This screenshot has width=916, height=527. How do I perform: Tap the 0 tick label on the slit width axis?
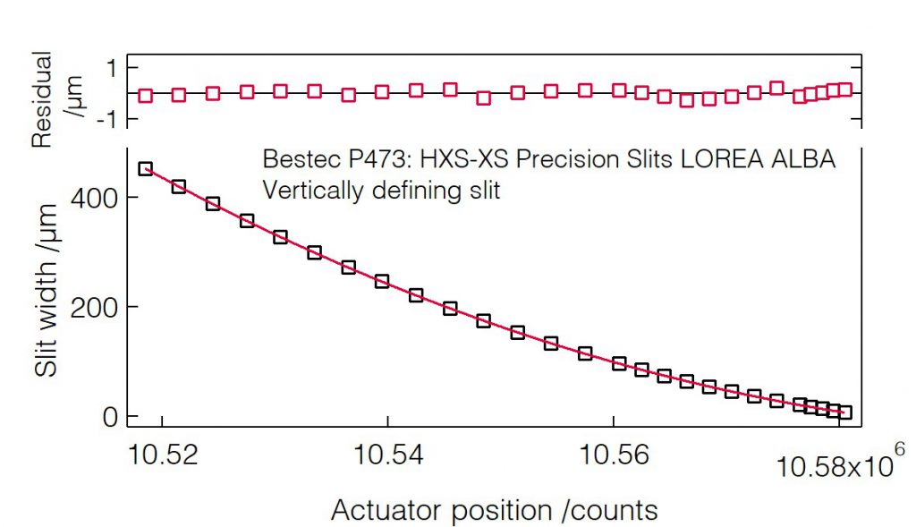point(111,416)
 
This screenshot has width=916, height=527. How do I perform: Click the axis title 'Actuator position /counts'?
point(495,510)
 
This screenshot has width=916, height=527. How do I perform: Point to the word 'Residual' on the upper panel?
point(42,99)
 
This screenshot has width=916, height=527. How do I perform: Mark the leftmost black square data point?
point(146,168)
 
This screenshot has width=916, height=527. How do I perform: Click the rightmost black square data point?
point(844,412)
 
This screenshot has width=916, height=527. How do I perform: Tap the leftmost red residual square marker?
point(146,96)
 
